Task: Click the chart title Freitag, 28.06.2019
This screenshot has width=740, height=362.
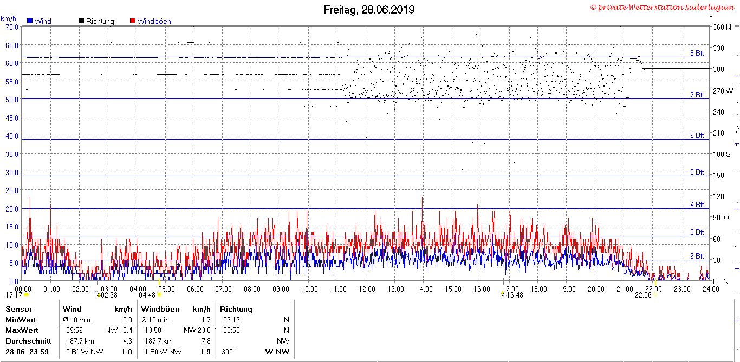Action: tap(369, 10)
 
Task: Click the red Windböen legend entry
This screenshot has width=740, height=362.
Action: tap(151, 21)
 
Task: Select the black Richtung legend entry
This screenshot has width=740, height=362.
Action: tap(96, 21)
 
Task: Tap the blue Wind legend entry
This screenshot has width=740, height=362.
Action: tap(40, 21)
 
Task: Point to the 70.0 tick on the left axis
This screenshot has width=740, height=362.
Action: tap(12, 27)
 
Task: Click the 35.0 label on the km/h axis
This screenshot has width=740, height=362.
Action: tap(12, 154)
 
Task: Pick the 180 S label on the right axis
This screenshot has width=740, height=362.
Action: tap(722, 154)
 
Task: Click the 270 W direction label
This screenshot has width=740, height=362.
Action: tap(723, 91)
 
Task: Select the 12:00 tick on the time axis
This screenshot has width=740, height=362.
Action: tap(367, 289)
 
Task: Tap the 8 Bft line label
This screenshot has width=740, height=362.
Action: tap(697, 53)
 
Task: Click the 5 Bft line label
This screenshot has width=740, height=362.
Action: tap(697, 172)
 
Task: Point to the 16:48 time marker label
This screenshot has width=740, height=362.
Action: tap(515, 295)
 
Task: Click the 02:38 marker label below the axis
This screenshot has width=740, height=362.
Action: tap(109, 295)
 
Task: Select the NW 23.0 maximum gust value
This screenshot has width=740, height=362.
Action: tap(197, 330)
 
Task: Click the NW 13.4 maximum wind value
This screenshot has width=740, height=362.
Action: tap(119, 330)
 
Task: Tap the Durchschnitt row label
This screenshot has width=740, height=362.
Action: tap(28, 341)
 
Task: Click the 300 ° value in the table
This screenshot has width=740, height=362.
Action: tap(229, 352)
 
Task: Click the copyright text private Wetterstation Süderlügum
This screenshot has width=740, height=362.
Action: tap(662, 8)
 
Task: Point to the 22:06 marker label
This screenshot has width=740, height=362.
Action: tap(643, 295)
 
